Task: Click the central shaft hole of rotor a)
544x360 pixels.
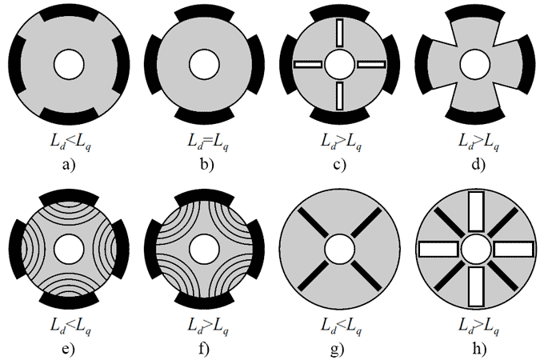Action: click(x=69, y=64)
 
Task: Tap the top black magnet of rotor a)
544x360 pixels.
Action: click(x=69, y=14)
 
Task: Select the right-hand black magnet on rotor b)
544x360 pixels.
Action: click(x=256, y=64)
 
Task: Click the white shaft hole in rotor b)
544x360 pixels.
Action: click(x=204, y=64)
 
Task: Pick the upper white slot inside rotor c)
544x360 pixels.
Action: click(x=340, y=33)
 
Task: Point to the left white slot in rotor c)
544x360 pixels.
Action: click(x=308, y=64)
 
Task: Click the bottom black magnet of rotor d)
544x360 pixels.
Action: click(x=475, y=115)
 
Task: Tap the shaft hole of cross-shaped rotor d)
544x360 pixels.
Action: click(x=475, y=64)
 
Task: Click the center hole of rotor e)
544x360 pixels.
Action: click(x=69, y=249)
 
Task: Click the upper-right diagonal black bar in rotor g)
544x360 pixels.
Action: click(x=366, y=222)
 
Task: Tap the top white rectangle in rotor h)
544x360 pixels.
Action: click(x=476, y=211)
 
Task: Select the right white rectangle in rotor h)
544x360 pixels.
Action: click(x=514, y=250)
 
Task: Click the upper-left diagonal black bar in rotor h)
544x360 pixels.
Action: click(x=449, y=222)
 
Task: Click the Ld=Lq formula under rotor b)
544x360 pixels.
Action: click(x=208, y=142)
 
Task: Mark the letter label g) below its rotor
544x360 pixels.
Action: click(x=338, y=349)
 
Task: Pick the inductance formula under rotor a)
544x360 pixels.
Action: click(x=70, y=142)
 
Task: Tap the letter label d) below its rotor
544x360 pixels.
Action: click(x=478, y=164)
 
